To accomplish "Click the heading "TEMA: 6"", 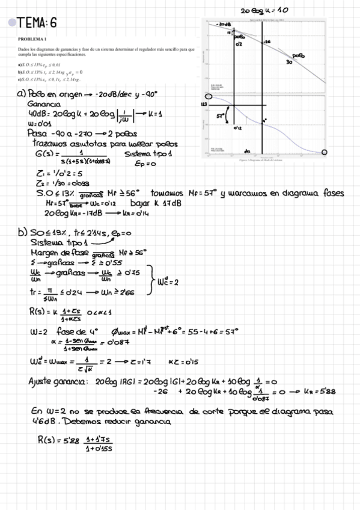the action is pos(38,23).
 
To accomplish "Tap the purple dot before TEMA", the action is pos(12,23).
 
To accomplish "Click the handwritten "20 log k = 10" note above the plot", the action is pos(264,10).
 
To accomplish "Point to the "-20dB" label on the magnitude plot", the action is pos(223,25).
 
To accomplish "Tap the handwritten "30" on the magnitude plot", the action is pos(288,61).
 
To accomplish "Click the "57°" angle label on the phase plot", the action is pos(221,114).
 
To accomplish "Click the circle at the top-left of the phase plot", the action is pos(209,96).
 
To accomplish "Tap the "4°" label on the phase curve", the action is pos(264,120).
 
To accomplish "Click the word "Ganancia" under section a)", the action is pos(44,104).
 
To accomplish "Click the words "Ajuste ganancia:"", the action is pos(58,381).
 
